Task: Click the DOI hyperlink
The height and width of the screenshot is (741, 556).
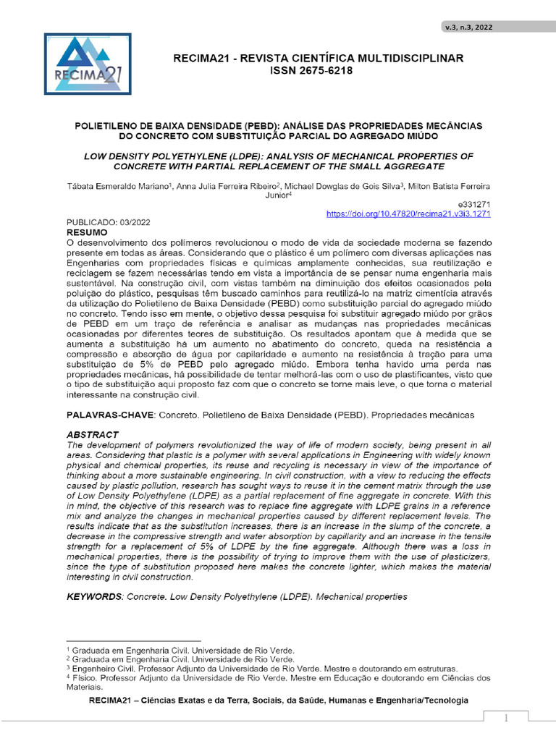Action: coord(409,214)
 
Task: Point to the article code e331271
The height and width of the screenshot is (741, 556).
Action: coord(476,205)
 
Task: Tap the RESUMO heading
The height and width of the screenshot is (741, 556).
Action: coord(87,234)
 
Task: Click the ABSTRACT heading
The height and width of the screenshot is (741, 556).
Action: coord(92,434)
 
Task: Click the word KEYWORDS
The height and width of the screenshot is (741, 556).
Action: coord(94,597)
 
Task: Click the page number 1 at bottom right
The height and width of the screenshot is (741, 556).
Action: coord(507,718)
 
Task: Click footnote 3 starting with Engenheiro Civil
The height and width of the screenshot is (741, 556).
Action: coord(269,669)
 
